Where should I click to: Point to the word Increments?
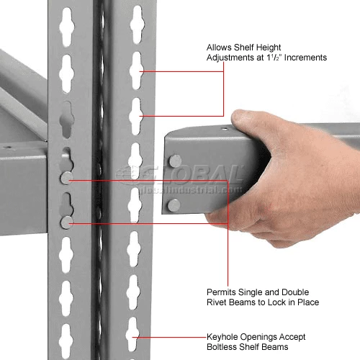305,57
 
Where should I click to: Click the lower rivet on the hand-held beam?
173,205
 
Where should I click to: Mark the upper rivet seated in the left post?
66,177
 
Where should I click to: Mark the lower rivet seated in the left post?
66,222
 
